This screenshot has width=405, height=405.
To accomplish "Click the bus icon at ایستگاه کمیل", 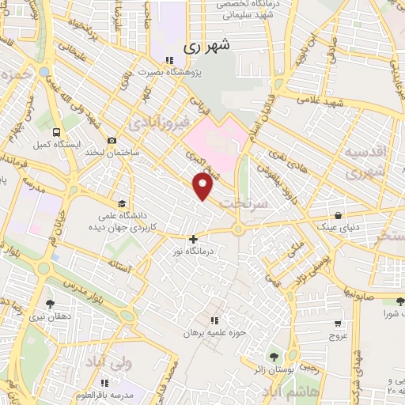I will (55, 132).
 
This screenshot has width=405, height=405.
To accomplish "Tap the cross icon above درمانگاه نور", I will (193, 238).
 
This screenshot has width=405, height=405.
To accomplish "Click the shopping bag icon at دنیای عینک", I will (338, 214).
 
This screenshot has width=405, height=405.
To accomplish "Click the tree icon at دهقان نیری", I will (50, 303).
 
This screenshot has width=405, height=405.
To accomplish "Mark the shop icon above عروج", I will (338, 323).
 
